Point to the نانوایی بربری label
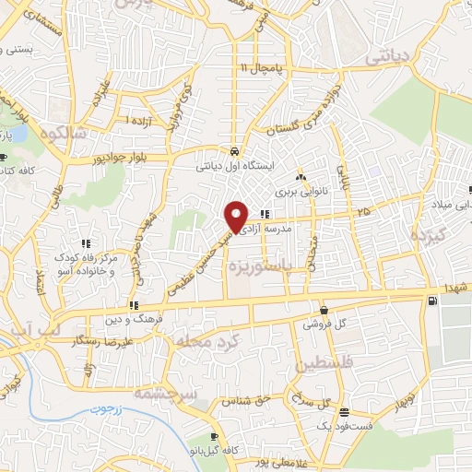[298, 193]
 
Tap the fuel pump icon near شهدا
[431, 301]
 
